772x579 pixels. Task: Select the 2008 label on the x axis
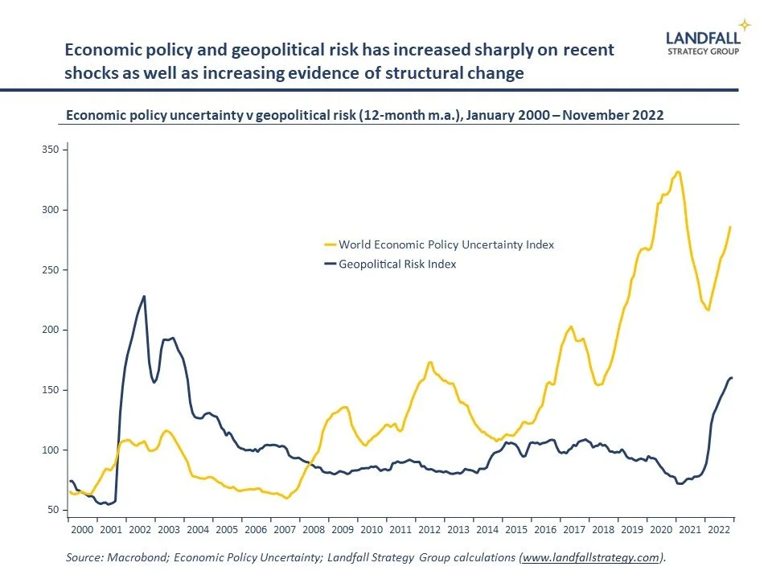click(314, 531)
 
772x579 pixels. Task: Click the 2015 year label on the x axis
click(515, 531)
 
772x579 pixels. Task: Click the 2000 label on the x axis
click(83, 531)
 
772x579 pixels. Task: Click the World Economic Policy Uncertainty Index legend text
click(446, 244)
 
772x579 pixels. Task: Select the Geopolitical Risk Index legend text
click(397, 264)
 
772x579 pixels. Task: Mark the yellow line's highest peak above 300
click(679, 171)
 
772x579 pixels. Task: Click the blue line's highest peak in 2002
click(144, 296)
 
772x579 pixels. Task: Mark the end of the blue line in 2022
click(732, 378)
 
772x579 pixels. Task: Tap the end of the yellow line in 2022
click(730, 227)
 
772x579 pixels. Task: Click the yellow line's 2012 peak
click(430, 362)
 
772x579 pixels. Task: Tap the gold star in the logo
click(745, 24)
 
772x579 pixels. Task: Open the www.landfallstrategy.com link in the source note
click(592, 557)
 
